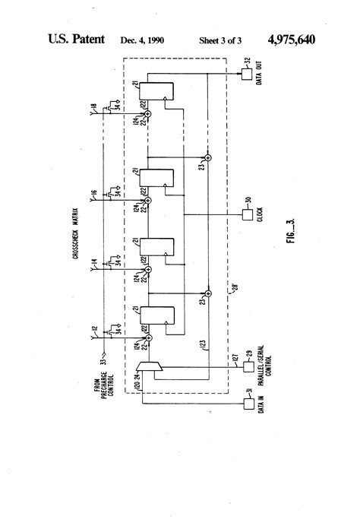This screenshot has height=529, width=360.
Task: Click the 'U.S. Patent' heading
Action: [x=77, y=39]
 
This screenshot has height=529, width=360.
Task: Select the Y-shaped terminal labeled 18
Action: [x=95, y=112]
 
